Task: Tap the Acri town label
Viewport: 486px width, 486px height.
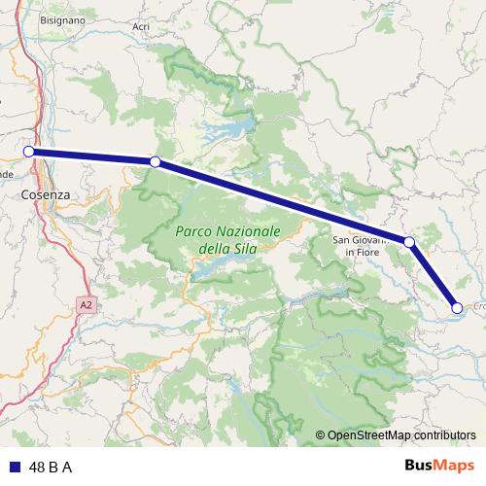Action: (x=142, y=26)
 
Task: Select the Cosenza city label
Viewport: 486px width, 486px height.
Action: (x=46, y=194)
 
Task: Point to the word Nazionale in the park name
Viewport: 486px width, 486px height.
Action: (x=250, y=231)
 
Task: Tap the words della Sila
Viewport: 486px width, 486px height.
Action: (x=226, y=249)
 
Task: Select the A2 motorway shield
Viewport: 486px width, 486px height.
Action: (x=87, y=305)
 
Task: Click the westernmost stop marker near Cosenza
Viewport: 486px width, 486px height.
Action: (x=29, y=152)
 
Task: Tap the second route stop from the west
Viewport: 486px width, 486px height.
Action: (x=155, y=161)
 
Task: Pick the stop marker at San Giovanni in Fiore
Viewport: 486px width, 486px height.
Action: (x=409, y=242)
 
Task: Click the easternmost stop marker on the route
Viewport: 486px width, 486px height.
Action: (x=457, y=308)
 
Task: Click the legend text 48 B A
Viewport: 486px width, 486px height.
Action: (x=51, y=467)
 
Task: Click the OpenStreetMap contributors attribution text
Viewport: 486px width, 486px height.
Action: (x=400, y=434)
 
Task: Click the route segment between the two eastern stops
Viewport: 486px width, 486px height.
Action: (x=434, y=275)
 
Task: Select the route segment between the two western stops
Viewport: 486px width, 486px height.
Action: (x=92, y=156)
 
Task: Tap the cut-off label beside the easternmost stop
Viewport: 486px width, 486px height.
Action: (x=479, y=305)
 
